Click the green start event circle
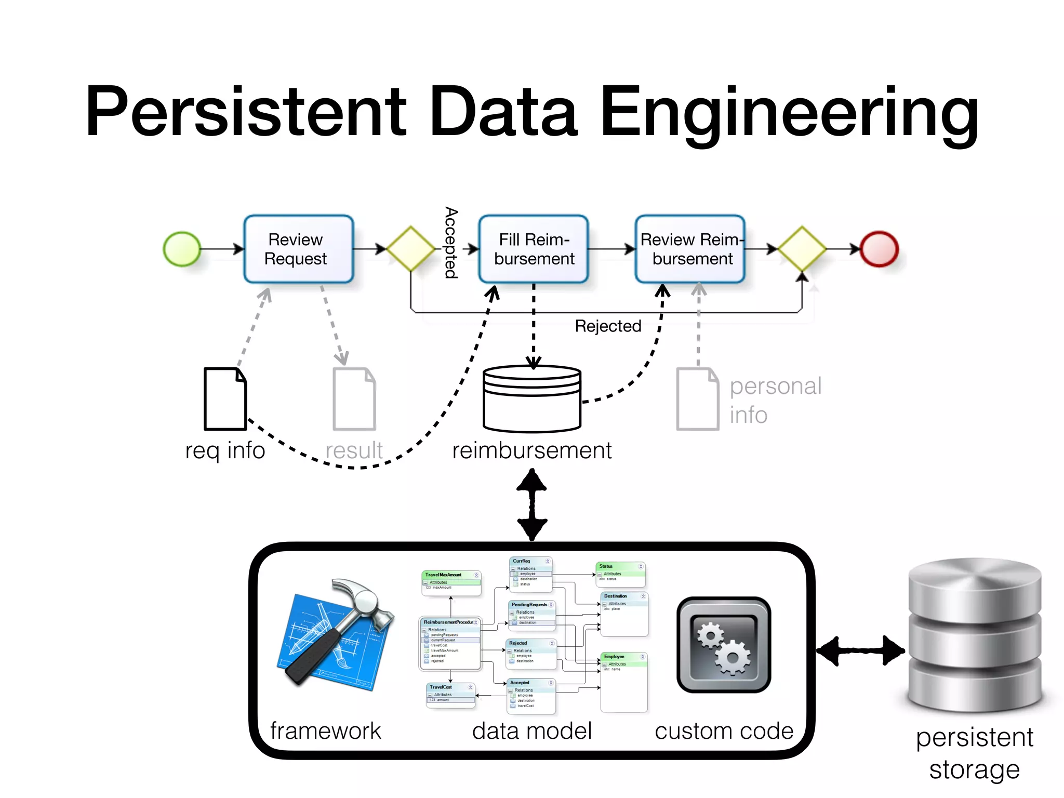point(182,249)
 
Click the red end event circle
point(879,249)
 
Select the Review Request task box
point(299,249)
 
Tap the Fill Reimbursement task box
point(534,249)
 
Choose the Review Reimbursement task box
point(690,249)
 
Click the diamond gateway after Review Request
point(410,249)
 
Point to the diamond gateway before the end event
point(802,249)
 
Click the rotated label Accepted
point(451,243)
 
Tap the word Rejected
point(608,326)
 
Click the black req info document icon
point(225,399)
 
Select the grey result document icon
point(354,399)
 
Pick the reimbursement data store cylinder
point(532,399)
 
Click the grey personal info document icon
point(698,399)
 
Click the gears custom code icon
point(724,645)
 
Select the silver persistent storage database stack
point(975,635)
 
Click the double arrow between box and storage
point(860,650)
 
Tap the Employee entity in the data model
point(623,682)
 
